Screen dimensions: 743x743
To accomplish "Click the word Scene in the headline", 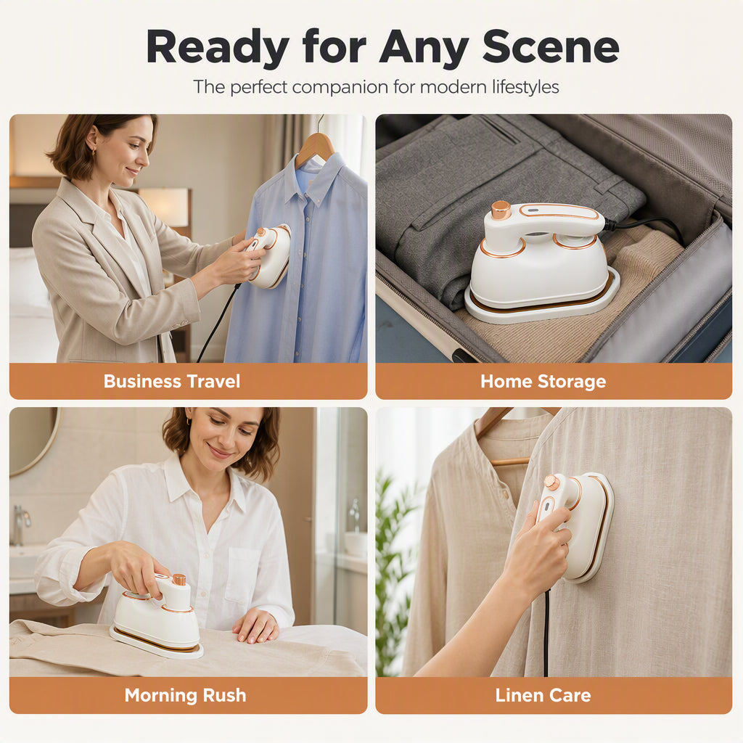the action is click(551, 46).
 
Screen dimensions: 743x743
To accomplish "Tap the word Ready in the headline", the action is click(218, 47).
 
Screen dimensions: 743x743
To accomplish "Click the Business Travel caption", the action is click(172, 382).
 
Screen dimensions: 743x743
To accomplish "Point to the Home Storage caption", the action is click(543, 382).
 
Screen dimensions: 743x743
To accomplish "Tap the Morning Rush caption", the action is click(185, 695).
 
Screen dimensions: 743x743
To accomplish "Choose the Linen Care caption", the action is click(543, 695).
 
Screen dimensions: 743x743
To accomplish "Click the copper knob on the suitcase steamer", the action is click(501, 210).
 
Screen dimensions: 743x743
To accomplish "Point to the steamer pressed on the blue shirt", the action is click(268, 256).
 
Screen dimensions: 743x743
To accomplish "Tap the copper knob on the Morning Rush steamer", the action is click(178, 580).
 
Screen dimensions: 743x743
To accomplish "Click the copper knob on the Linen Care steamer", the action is click(551, 483).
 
